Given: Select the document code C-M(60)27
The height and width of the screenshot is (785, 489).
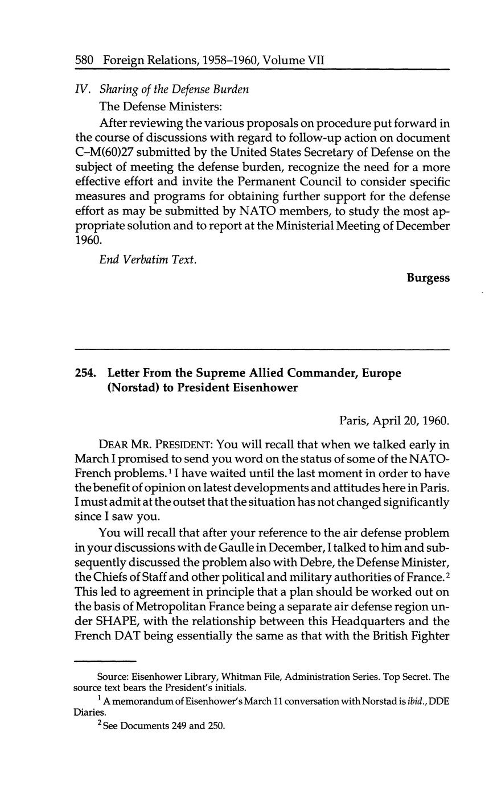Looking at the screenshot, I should coord(105,152).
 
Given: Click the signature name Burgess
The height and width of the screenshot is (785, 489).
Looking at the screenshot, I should coord(428,278).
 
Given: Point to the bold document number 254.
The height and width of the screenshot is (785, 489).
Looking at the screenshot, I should coord(85,374).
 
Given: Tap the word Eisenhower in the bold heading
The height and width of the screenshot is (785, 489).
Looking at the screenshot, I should coord(265,389).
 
